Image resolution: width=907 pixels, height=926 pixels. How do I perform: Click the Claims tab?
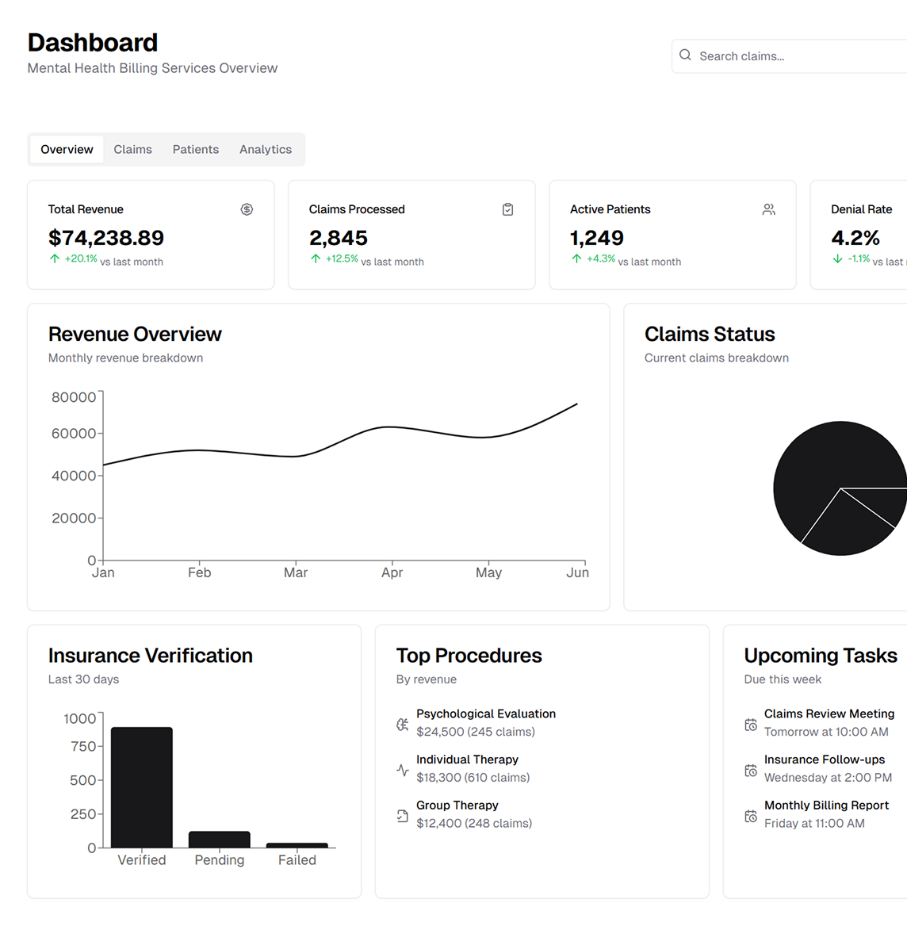point(132,149)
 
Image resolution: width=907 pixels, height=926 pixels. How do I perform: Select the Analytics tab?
point(266,149)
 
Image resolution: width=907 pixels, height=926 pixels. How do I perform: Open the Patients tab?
point(196,149)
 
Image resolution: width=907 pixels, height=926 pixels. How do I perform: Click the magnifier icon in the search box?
point(686,55)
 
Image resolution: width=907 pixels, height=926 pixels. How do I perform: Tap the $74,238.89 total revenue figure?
point(106,238)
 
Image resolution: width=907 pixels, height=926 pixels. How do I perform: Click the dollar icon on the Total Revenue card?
point(247,209)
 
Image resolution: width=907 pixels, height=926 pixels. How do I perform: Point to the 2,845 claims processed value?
point(339,238)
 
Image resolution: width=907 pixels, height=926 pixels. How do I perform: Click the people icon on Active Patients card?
point(768,209)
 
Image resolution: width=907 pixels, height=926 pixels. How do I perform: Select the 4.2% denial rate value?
point(855,238)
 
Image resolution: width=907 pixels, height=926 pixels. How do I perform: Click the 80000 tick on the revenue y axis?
point(74,397)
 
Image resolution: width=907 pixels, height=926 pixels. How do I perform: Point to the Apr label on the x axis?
point(392,572)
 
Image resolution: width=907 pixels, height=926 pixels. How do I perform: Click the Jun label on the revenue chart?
point(577,572)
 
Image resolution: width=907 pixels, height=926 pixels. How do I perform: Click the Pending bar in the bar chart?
point(220,840)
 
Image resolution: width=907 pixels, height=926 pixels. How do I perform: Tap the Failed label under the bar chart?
point(297,860)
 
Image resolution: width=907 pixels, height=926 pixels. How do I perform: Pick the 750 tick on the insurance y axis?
point(83,746)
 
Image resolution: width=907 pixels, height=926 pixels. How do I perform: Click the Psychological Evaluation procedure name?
point(486,714)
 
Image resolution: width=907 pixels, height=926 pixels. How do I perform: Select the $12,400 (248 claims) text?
point(474,823)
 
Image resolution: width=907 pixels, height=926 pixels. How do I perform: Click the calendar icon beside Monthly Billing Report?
point(751,816)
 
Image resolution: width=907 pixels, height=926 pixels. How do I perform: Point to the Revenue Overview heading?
point(135,334)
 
